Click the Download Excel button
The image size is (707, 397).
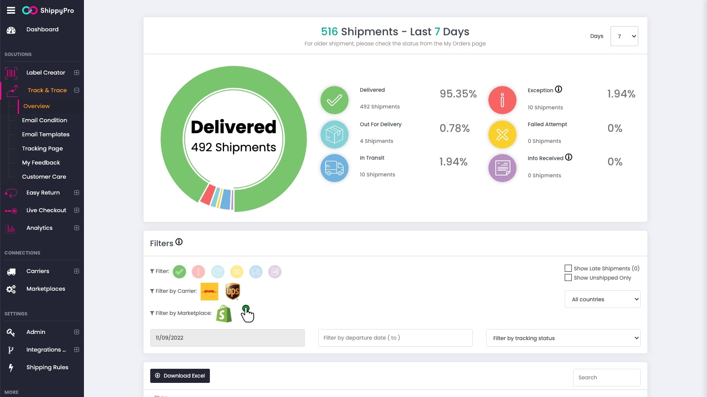(x=180, y=376)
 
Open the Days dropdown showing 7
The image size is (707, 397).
(x=624, y=36)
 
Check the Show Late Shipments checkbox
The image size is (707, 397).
(x=568, y=268)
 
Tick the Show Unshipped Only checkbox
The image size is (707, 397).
(x=568, y=277)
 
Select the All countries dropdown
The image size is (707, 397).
(x=602, y=299)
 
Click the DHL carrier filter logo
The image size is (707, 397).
(x=209, y=292)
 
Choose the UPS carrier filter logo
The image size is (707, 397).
(x=232, y=292)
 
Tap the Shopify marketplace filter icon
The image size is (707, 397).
(x=224, y=314)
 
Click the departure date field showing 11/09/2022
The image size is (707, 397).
(x=227, y=338)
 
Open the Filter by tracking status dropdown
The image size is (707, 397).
(x=563, y=338)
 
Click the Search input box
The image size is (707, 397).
(x=606, y=378)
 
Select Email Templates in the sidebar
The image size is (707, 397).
(x=46, y=135)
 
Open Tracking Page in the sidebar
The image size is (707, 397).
(x=42, y=149)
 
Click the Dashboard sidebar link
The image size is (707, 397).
(x=42, y=30)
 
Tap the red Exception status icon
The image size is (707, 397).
(x=502, y=100)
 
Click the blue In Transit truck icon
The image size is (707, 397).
(x=334, y=168)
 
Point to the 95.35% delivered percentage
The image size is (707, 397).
(x=458, y=94)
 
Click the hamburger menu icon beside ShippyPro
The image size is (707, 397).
(x=11, y=10)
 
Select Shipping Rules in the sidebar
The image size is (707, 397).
(x=47, y=367)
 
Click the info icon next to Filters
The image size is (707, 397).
(x=179, y=242)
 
